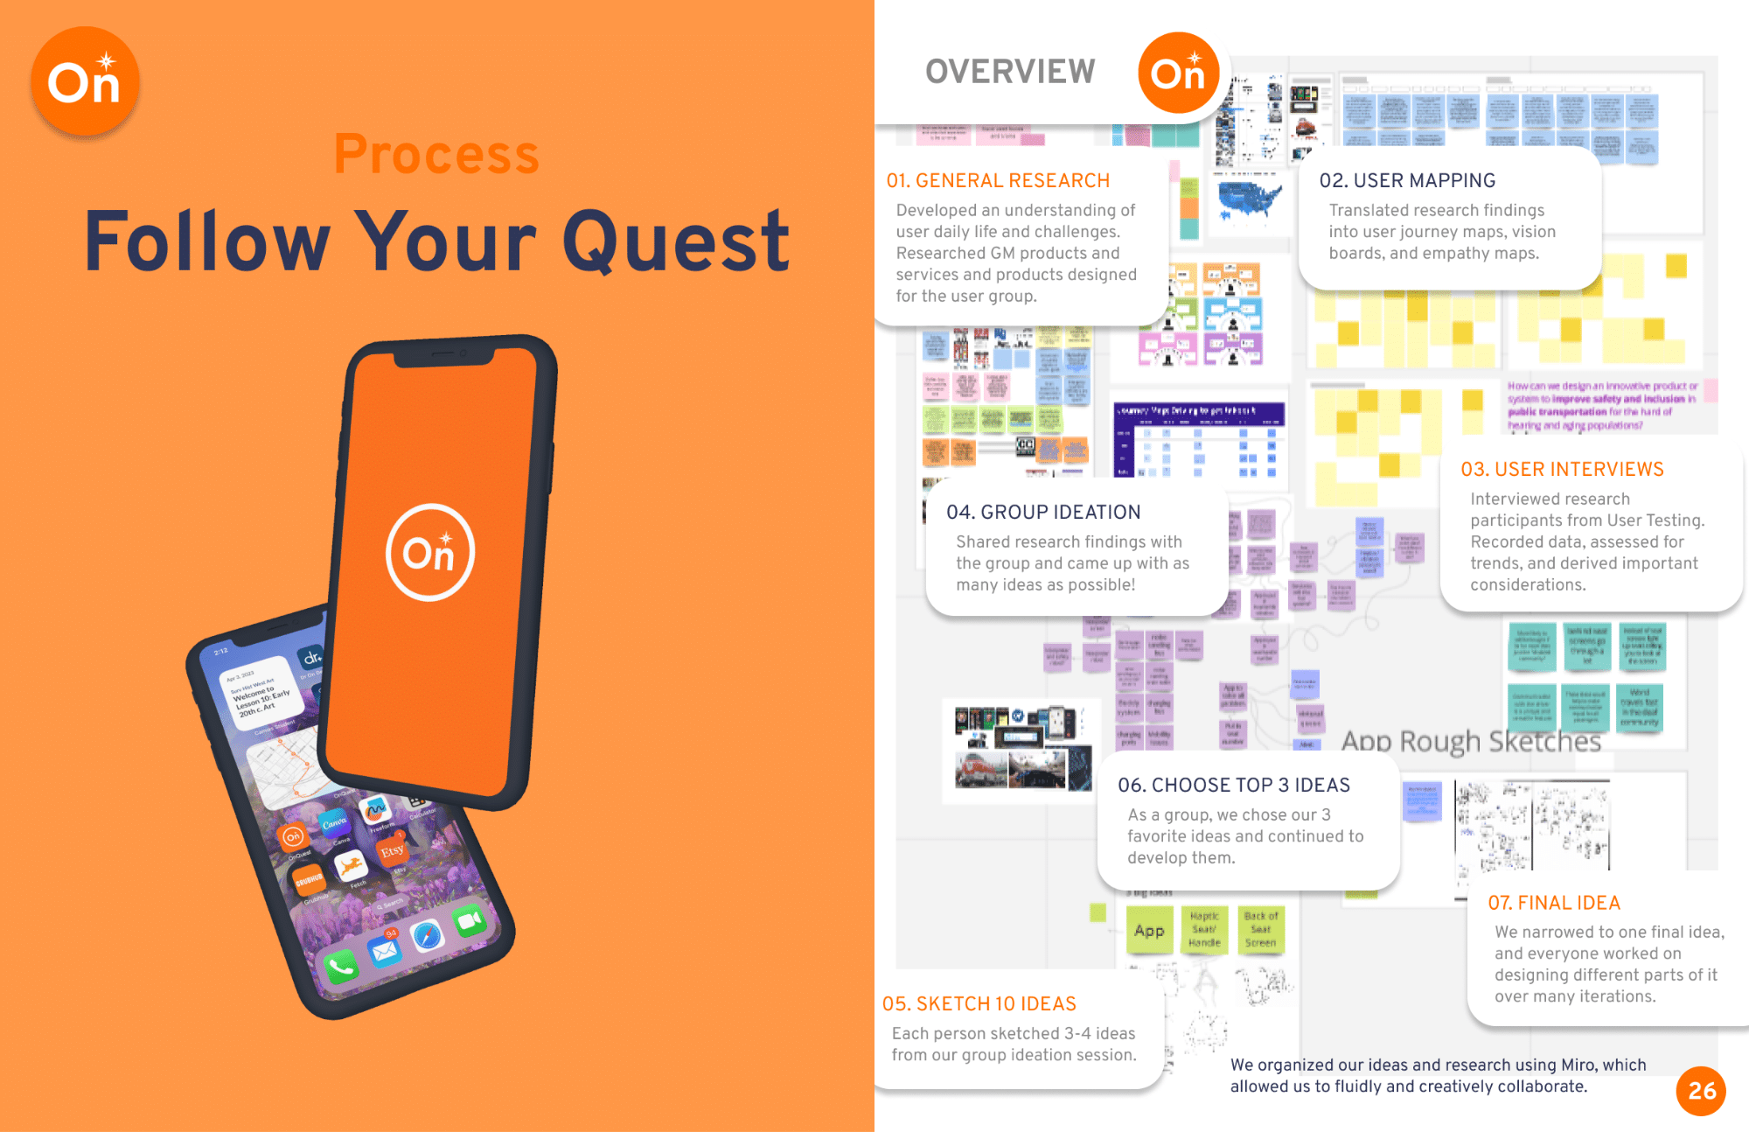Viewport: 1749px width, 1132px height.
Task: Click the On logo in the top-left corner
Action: point(85,81)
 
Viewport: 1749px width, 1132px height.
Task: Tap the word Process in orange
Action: point(436,154)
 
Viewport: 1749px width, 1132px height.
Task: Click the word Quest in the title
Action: point(676,242)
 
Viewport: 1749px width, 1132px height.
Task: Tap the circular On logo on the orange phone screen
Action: point(430,553)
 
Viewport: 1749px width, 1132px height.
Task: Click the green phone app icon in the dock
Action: point(340,966)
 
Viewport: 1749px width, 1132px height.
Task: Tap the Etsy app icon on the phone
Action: point(392,849)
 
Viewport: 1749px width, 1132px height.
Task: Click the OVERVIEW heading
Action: point(1010,72)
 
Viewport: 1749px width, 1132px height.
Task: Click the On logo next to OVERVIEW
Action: point(1178,73)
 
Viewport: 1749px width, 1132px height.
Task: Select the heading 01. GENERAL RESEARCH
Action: point(998,181)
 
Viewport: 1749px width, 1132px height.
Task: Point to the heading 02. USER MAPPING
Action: point(1407,181)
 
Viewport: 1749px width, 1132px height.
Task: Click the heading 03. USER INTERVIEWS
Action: point(1562,470)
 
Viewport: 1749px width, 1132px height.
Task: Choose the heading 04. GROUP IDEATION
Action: point(1043,513)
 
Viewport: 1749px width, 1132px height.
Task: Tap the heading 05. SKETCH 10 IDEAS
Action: point(979,1004)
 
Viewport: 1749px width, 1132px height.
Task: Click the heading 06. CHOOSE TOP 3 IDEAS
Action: point(1233,786)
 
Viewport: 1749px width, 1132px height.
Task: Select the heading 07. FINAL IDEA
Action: point(1554,903)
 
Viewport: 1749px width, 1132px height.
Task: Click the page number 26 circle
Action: point(1701,1091)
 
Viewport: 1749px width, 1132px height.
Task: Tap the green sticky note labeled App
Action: point(1149,931)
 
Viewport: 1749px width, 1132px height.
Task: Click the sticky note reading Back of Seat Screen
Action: point(1261,930)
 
